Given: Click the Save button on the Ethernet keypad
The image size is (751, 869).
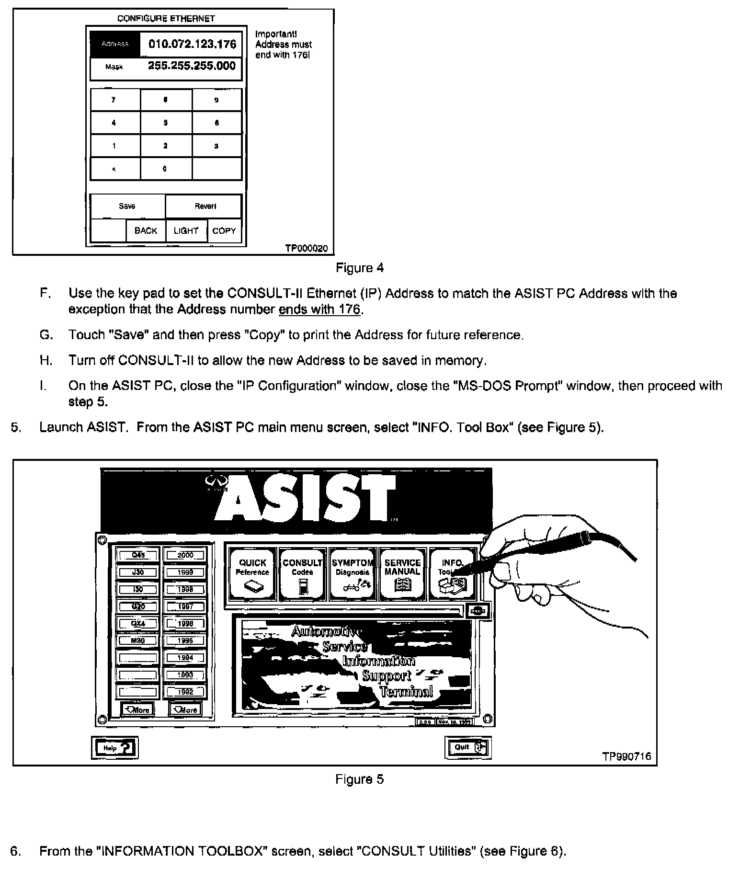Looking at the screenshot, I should pyautogui.click(x=127, y=206).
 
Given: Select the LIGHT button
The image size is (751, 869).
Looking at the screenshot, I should pyautogui.click(x=186, y=231).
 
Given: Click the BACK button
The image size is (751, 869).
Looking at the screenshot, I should pyautogui.click(x=146, y=231).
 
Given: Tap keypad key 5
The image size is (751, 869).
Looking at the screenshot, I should pyautogui.click(x=166, y=123).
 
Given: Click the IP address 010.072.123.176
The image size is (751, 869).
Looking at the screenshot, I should pyautogui.click(x=192, y=45).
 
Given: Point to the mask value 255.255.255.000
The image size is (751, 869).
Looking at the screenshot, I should pyautogui.click(x=192, y=66).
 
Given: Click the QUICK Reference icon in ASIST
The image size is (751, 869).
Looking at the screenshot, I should pyautogui.click(x=252, y=574).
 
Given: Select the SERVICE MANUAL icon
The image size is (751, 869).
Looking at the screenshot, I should pyautogui.click(x=402, y=574).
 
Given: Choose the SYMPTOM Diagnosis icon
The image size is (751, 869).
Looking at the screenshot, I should pyautogui.click(x=352, y=574).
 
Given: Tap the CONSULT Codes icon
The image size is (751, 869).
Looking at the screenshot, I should pyautogui.click(x=302, y=574).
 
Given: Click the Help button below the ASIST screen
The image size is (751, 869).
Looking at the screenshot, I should pyautogui.click(x=114, y=747).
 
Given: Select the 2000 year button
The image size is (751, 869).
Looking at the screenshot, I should pyautogui.click(x=185, y=555).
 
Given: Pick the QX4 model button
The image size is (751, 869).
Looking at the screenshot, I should pyautogui.click(x=138, y=624).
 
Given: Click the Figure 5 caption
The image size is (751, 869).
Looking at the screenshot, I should pyautogui.click(x=359, y=779).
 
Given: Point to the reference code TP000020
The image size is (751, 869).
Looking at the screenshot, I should pyautogui.click(x=307, y=248).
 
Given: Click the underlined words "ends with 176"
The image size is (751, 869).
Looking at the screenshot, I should pyautogui.click(x=319, y=309).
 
